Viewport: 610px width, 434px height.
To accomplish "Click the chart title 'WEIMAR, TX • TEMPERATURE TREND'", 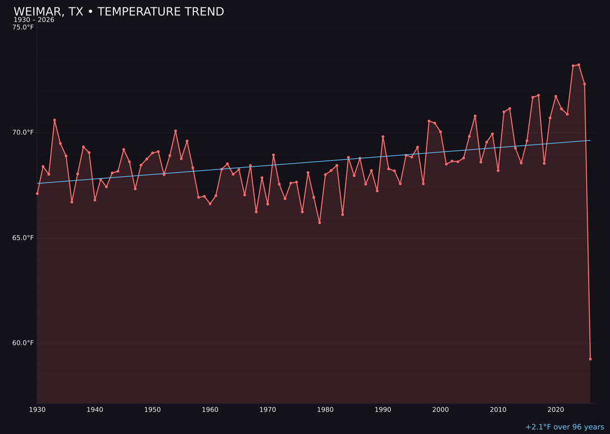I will point(119,12).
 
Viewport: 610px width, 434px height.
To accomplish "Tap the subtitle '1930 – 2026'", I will point(34,20).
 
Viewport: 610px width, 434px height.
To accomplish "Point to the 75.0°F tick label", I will point(23,27).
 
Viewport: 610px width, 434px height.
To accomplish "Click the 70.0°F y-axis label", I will point(23,132).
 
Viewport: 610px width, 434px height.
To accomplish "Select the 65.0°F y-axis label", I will point(23,237).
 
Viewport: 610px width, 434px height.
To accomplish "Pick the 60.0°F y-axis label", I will point(23,342).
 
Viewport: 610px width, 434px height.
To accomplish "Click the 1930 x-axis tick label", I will point(37,410).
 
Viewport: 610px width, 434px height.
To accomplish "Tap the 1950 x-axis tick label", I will point(152,410).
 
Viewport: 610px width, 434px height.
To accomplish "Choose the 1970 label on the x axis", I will point(268,410).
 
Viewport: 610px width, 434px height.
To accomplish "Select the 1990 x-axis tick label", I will point(383,410).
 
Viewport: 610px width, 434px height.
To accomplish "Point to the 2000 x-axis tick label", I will point(441,410).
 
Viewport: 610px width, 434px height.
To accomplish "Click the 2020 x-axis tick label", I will point(556,410).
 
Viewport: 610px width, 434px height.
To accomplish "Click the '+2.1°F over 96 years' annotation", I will point(564,427).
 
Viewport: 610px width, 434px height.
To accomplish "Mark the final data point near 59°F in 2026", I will point(590,359).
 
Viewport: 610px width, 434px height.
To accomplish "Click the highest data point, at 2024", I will point(579,65).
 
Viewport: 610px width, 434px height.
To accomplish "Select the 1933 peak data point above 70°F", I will point(55,120).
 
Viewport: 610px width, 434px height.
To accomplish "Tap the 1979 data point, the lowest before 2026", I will point(320,223).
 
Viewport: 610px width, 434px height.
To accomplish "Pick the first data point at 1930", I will point(37,193).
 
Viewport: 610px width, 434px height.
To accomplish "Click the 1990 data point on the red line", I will point(383,137).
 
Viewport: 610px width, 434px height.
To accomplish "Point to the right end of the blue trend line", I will point(590,140).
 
